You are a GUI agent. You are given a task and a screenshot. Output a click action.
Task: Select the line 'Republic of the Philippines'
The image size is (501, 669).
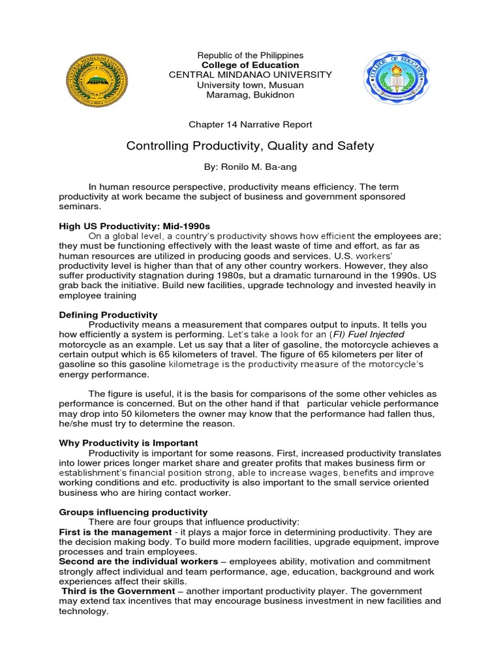click(x=250, y=56)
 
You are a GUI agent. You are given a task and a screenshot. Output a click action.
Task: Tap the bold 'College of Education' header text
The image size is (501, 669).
click(x=250, y=65)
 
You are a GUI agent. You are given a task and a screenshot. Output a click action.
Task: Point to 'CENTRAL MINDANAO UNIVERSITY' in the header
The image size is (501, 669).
click(x=250, y=75)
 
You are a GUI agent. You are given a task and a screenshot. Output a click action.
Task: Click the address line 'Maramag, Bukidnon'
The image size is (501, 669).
click(x=250, y=95)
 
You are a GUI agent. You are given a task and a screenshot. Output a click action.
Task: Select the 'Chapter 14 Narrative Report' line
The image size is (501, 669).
click(x=250, y=124)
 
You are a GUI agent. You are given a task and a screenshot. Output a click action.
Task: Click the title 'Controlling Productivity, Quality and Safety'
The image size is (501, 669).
click(x=250, y=146)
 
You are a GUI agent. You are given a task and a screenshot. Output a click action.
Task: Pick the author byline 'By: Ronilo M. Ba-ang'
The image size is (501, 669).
click(x=250, y=167)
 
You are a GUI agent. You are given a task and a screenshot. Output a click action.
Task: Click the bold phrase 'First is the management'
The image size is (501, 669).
click(x=112, y=532)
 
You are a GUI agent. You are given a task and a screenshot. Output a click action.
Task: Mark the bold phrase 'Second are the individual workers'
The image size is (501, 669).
click(x=138, y=561)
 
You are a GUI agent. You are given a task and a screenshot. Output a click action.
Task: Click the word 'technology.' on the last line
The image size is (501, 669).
click(x=83, y=611)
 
